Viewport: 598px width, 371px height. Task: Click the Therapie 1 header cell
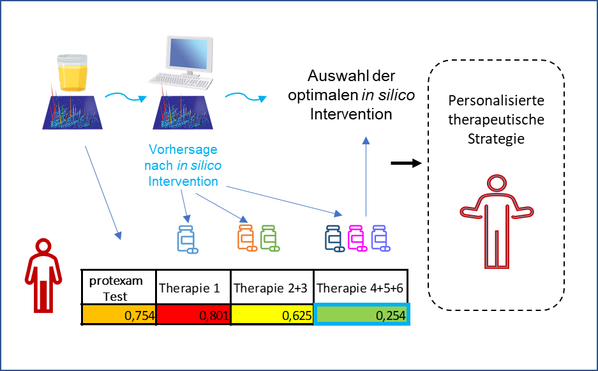(x=193, y=288)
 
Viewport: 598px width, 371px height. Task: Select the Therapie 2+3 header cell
(x=273, y=288)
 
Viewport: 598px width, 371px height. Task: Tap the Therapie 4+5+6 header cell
(x=362, y=288)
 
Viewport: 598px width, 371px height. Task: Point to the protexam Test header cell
(x=119, y=288)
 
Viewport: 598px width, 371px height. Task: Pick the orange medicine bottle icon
(x=246, y=237)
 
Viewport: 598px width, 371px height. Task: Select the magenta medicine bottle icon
(x=358, y=238)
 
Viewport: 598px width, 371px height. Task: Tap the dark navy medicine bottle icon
(x=334, y=238)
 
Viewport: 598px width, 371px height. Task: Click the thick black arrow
(x=406, y=163)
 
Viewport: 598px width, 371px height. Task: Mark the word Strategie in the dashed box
(x=495, y=138)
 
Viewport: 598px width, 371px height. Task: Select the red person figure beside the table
(x=43, y=271)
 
